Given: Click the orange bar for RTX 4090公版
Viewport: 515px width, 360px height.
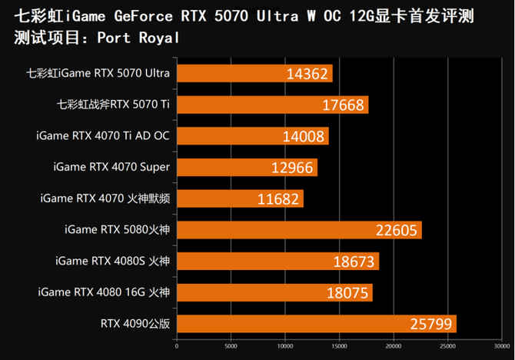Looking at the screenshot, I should (x=317, y=324).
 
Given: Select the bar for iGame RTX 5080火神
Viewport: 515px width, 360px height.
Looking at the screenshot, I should (x=299, y=230).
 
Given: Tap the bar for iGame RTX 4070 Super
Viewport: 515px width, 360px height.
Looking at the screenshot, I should (x=247, y=167).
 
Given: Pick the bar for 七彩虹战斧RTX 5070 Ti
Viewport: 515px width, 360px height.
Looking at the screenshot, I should (x=272, y=105).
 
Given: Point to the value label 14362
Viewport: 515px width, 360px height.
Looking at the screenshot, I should (x=307, y=74).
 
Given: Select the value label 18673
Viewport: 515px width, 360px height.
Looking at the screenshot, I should (x=355, y=262).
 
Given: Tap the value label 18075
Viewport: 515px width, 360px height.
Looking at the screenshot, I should (x=348, y=293).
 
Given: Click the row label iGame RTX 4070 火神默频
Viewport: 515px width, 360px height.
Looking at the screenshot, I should (x=105, y=198).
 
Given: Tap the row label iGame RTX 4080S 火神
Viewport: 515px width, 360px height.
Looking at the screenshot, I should (x=112, y=261).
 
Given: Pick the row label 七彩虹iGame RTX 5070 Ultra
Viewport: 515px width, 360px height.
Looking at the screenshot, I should (x=98, y=73).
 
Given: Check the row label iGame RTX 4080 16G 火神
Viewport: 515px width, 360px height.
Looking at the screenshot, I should (x=103, y=292).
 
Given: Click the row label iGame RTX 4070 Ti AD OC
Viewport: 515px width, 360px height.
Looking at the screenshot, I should (x=102, y=136).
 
